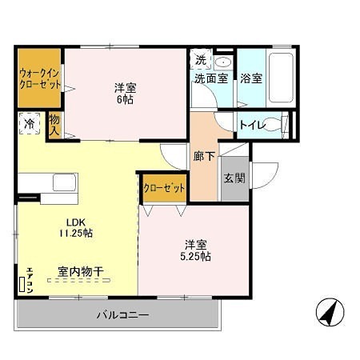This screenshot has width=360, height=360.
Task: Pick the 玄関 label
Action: point(234,178)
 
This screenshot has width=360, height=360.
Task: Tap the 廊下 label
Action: point(204,157)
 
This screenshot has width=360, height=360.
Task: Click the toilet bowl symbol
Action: point(274,124)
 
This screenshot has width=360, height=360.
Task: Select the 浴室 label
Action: point(251,78)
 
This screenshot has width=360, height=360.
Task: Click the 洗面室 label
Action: point(210,78)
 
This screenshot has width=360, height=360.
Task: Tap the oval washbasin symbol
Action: point(222,61)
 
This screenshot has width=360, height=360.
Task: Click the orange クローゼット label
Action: point(163,187)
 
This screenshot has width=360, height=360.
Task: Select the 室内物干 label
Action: point(80,272)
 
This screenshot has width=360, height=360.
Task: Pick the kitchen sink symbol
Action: point(63,182)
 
